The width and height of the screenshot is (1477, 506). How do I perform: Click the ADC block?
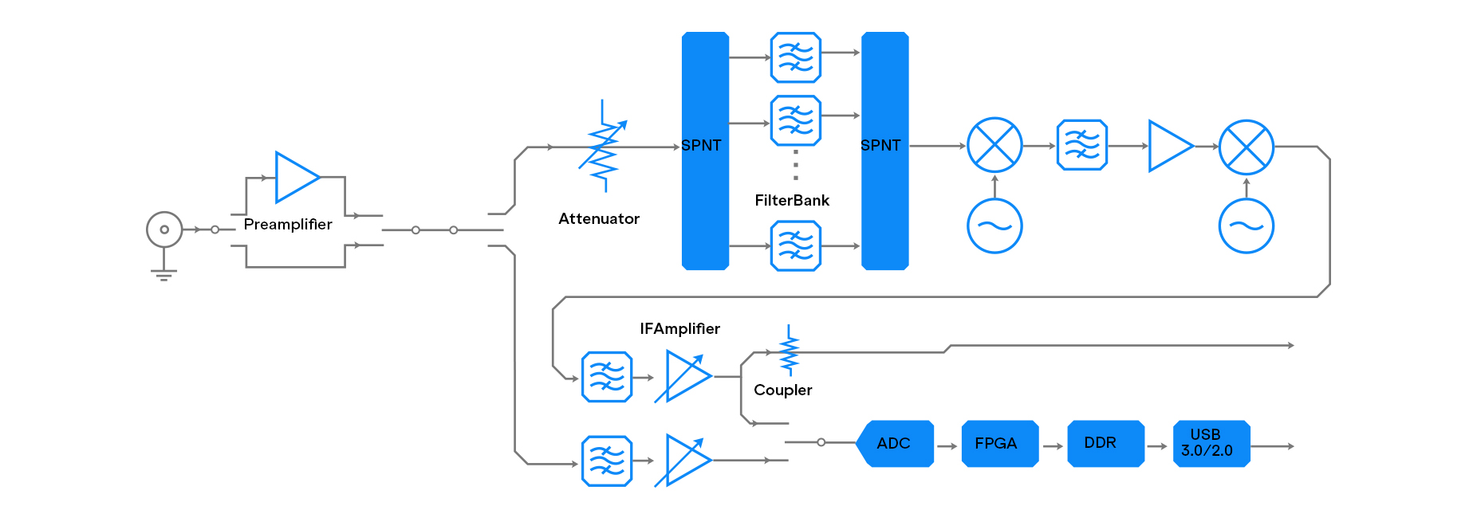pos(894,443)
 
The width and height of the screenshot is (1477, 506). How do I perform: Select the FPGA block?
pos(999,443)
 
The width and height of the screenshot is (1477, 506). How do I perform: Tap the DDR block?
pos(1105,443)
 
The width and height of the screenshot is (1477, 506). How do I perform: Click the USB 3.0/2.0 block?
pos(1211,443)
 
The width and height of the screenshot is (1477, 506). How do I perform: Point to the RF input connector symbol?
pos(164,229)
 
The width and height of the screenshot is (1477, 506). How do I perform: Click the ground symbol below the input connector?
pos(163,275)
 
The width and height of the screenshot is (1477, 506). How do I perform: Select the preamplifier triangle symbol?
pos(296,177)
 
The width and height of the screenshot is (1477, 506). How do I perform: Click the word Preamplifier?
pos(288,225)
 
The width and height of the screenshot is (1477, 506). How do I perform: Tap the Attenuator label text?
pos(599,219)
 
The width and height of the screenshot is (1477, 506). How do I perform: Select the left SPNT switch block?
pos(705,151)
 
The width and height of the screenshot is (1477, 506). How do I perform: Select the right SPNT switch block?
pos(884,151)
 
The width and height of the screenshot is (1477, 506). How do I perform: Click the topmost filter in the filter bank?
pos(795,57)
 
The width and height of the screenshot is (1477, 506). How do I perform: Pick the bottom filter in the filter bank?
pos(795,246)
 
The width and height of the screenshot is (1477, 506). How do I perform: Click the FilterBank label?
pos(792,201)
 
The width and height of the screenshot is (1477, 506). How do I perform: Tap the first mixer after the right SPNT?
pos(995,146)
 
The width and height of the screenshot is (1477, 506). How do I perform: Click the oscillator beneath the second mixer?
pos(1246,226)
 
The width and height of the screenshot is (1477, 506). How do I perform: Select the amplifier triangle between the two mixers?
pos(1169,146)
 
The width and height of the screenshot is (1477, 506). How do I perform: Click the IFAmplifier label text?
pos(679,329)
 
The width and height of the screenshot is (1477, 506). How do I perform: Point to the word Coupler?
pos(782,390)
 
